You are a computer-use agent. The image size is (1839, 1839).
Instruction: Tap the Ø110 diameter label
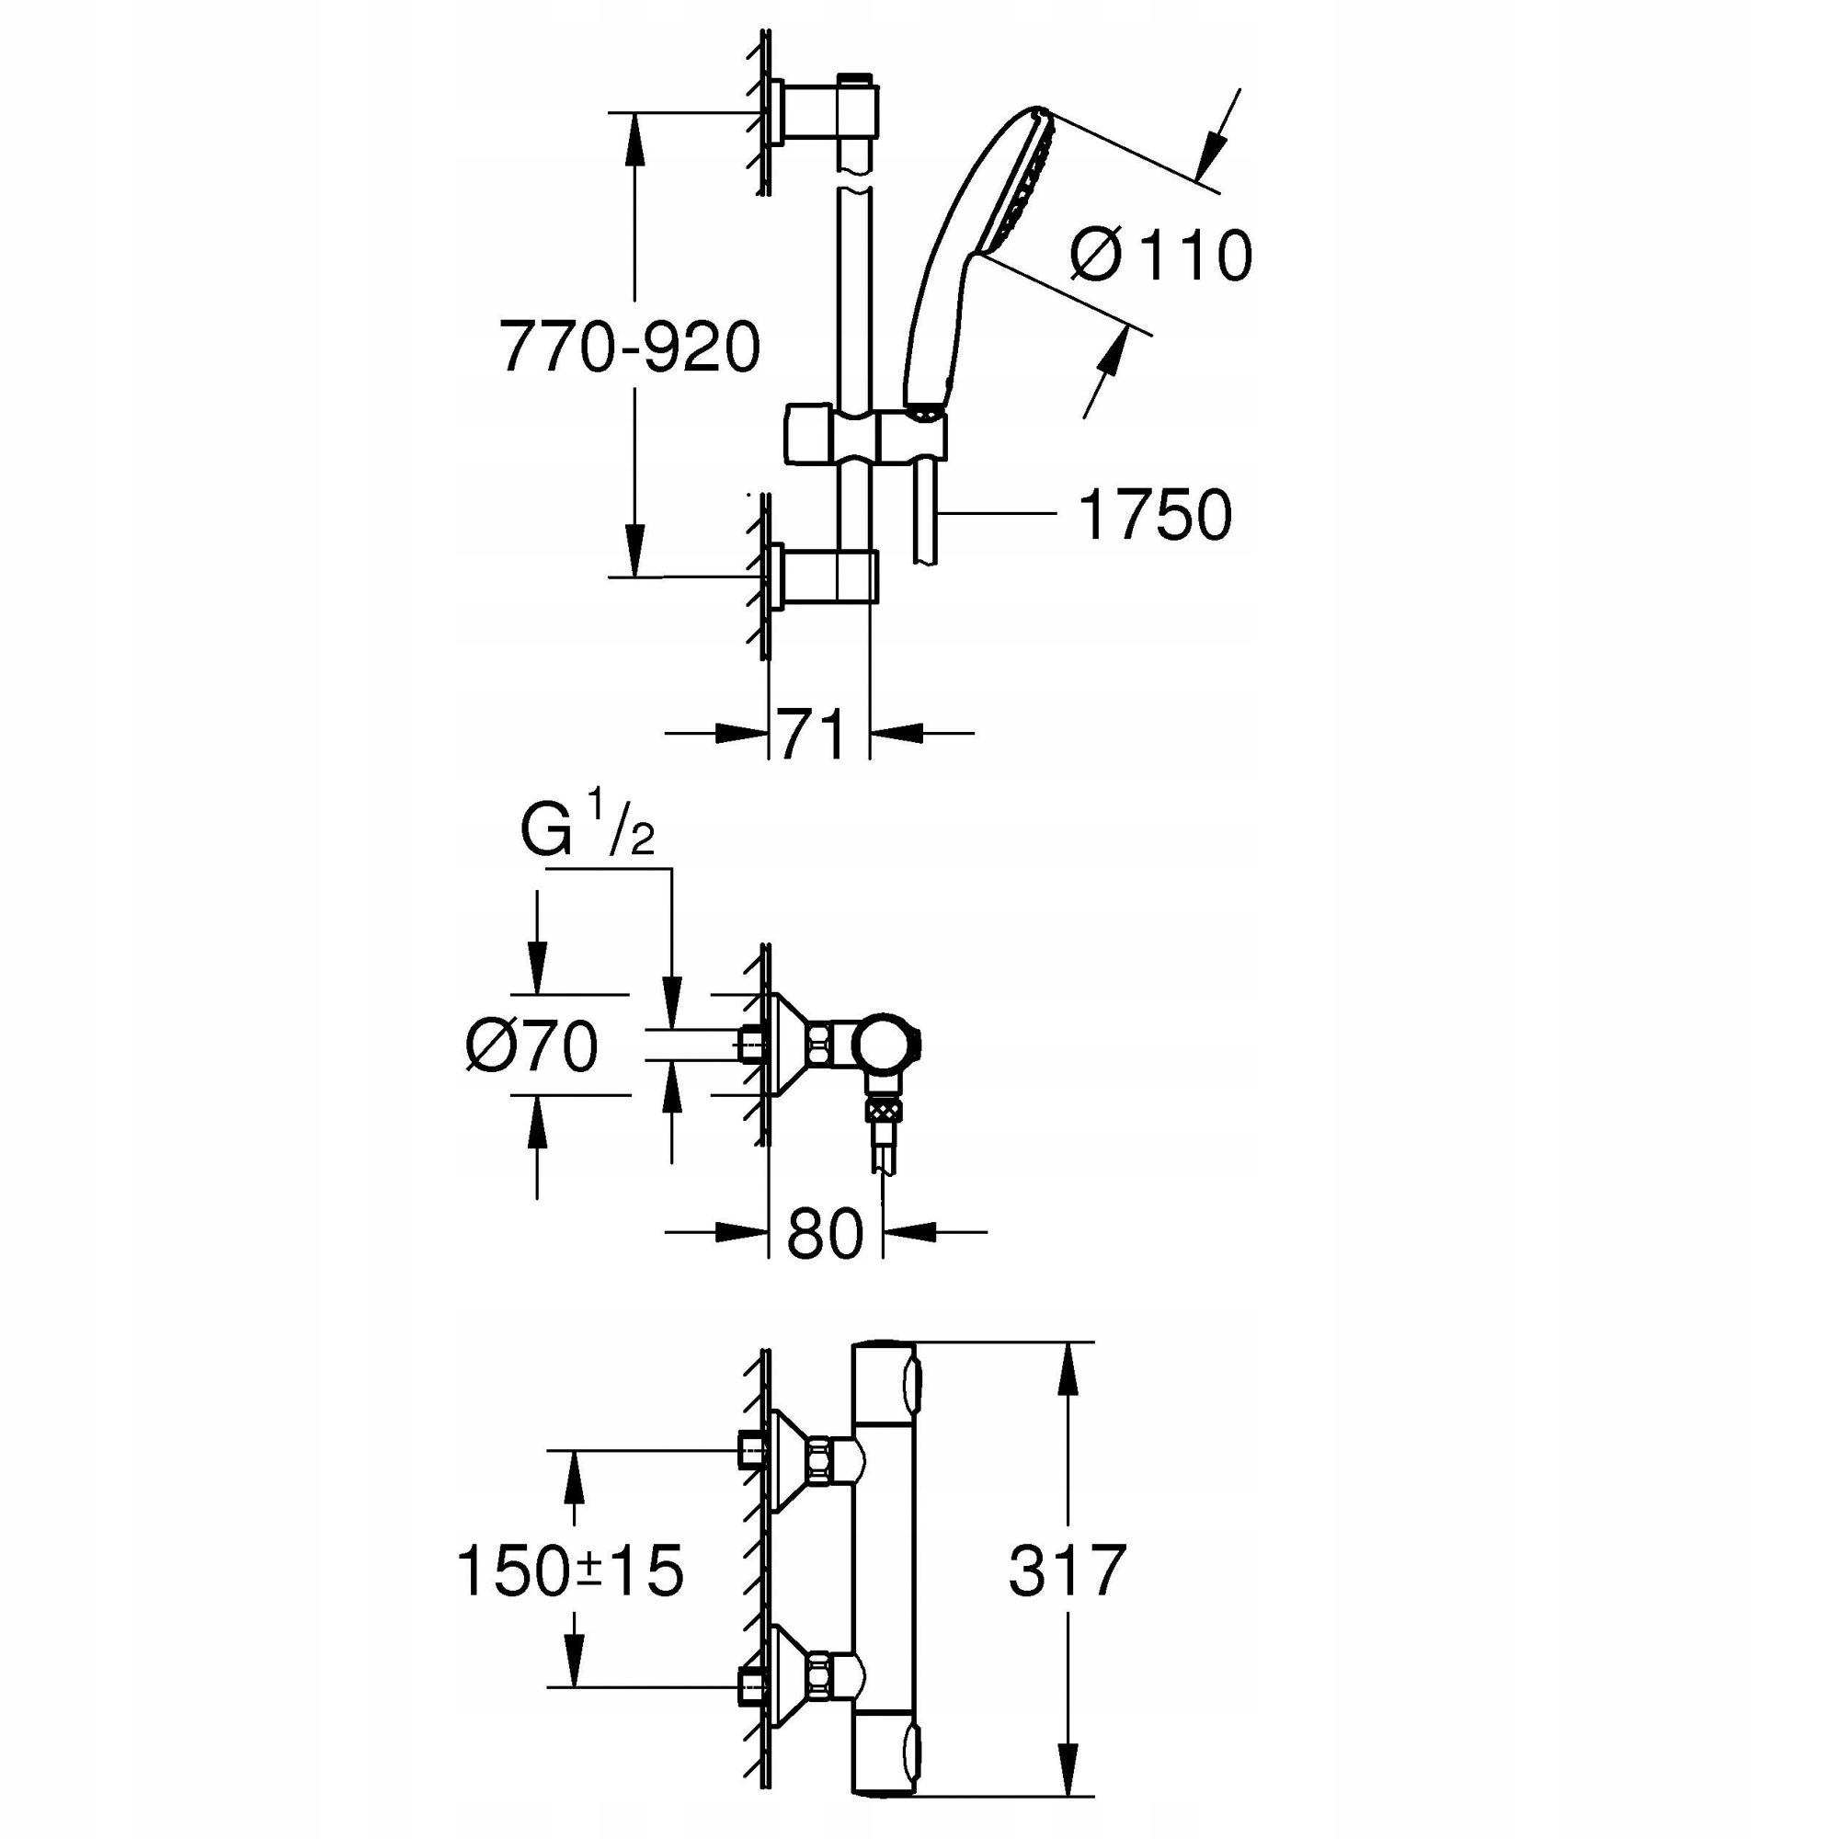(x=1160, y=255)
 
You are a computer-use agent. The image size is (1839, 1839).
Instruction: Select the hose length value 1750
(x=1154, y=516)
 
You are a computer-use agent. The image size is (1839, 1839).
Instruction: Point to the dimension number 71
(x=812, y=735)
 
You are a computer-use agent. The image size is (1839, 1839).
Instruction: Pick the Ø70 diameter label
(x=531, y=1047)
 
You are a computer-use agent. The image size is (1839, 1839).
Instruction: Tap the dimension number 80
(x=824, y=1234)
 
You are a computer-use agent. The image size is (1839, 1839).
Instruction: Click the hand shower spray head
(x=1009, y=181)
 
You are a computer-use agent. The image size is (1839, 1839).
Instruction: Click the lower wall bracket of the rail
(x=827, y=576)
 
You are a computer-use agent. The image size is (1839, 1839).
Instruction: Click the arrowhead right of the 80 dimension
(x=909, y=1232)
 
